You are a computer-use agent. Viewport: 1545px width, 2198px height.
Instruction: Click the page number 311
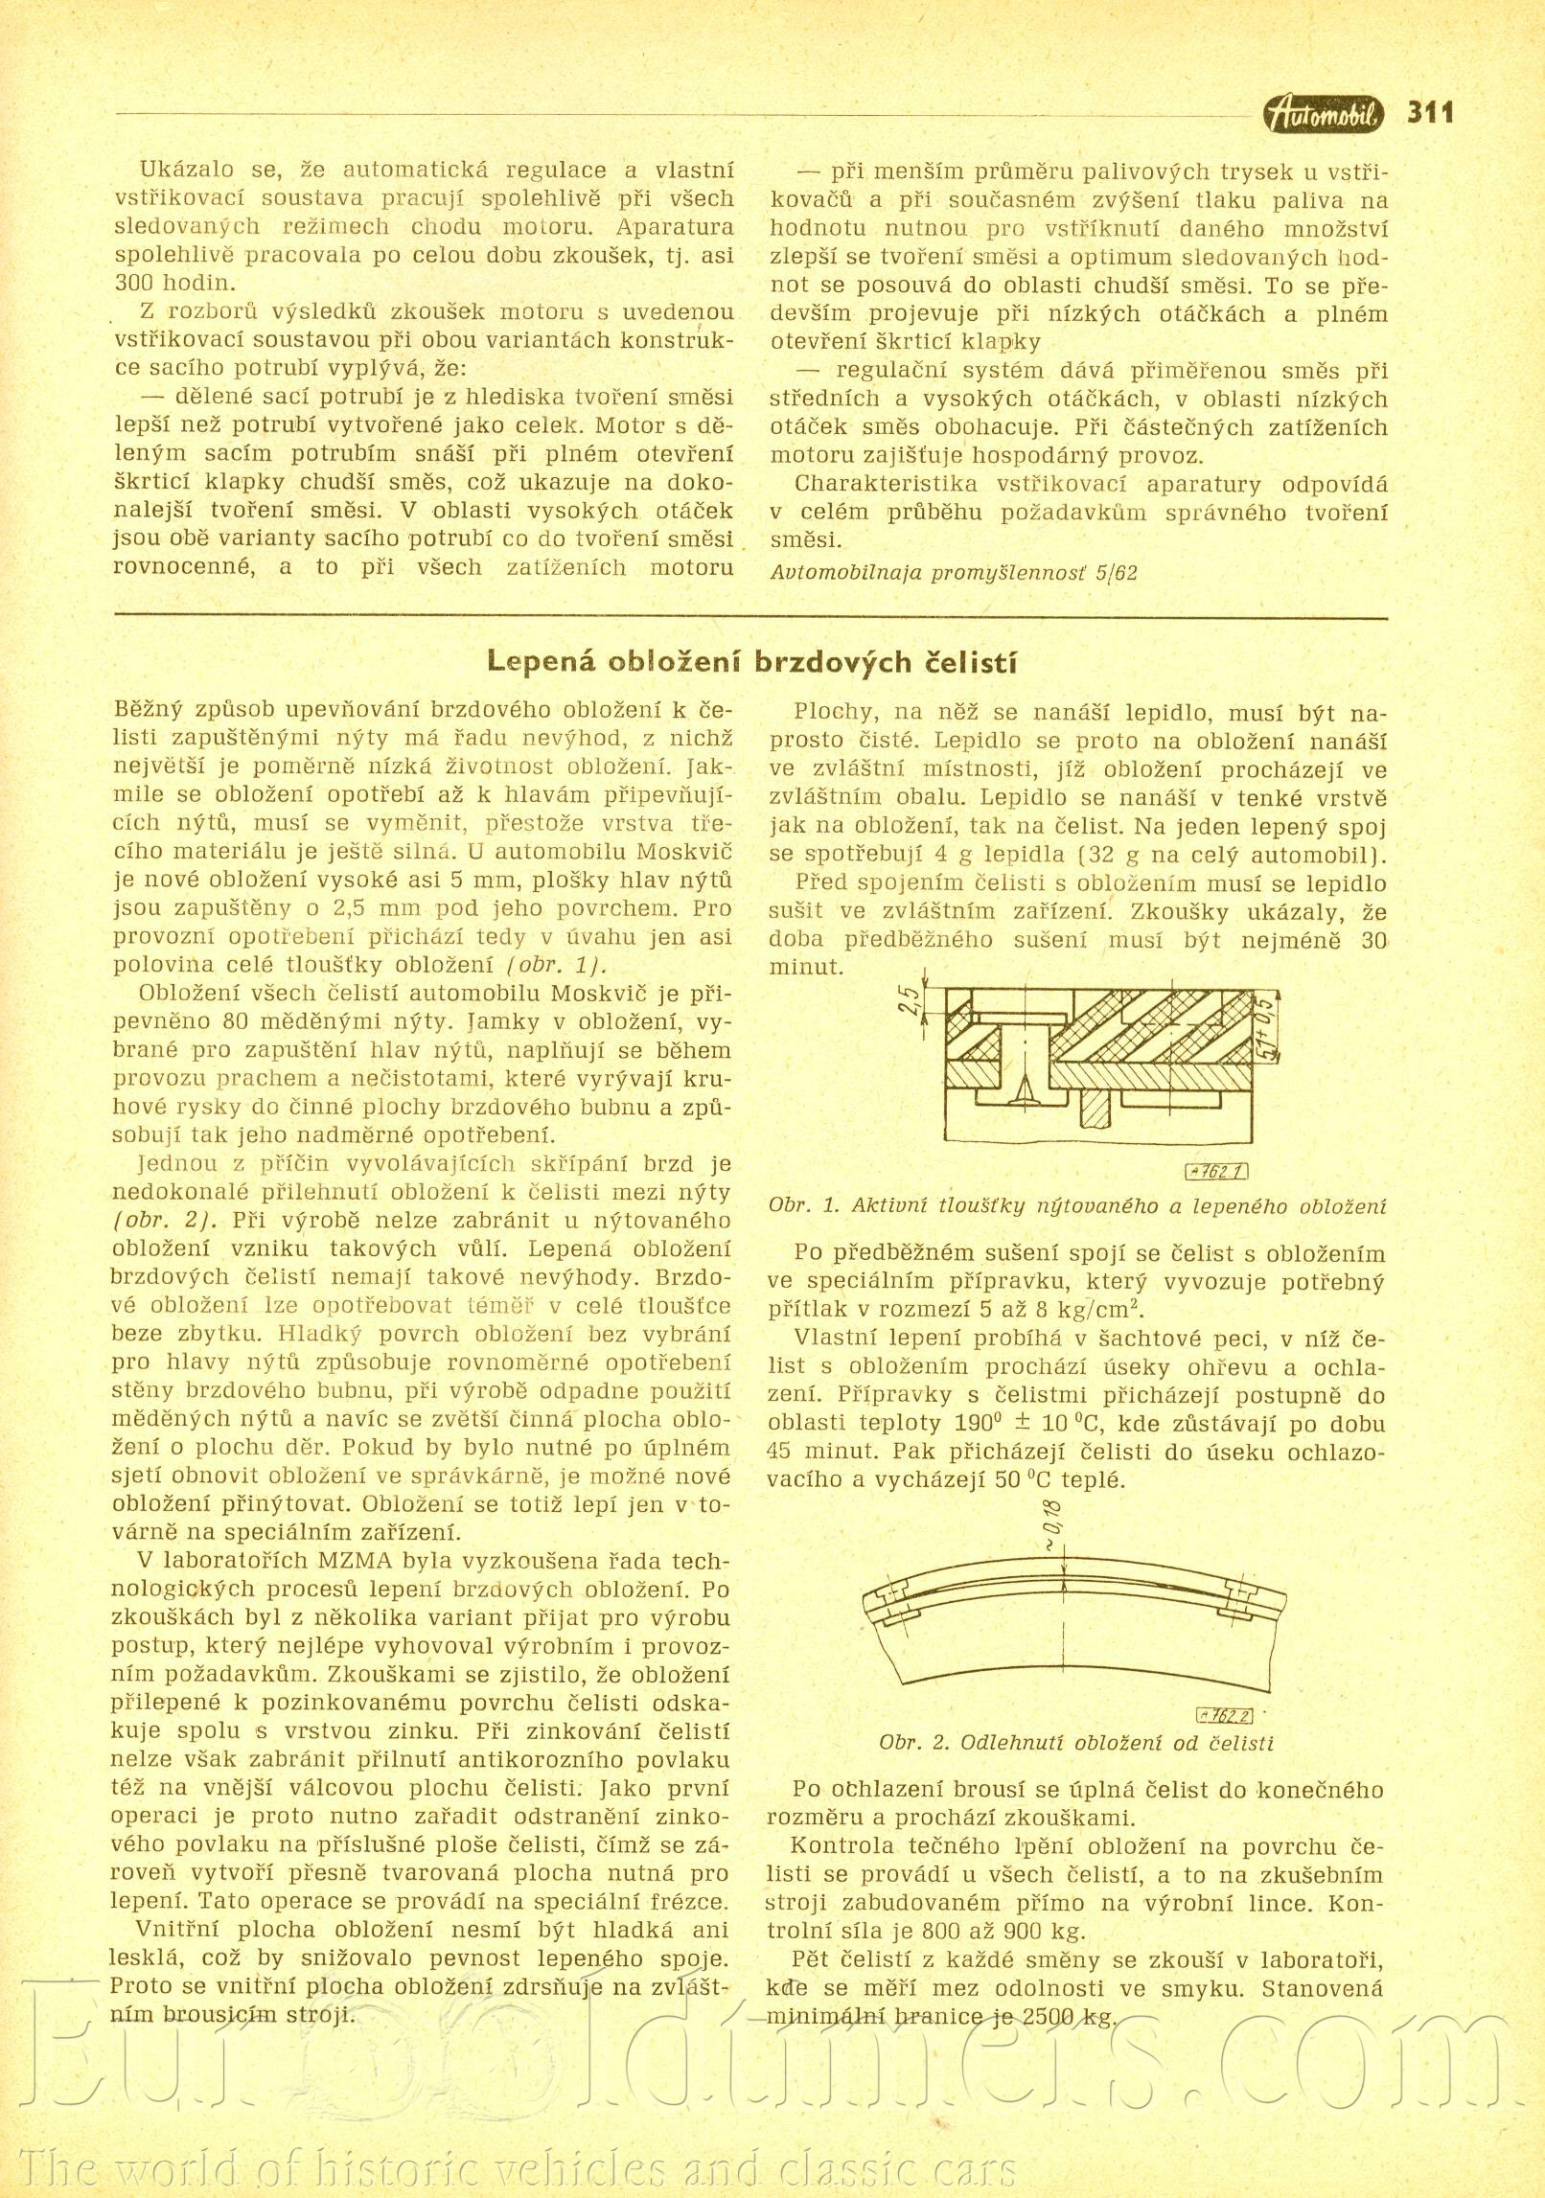[x=1430, y=113]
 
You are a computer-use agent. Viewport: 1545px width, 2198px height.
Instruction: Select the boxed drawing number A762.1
[x=1216, y=1171]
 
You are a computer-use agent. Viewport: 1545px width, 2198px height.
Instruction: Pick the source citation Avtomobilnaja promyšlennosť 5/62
[x=954, y=573]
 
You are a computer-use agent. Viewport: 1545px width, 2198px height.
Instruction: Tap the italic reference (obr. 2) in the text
[x=165, y=1220]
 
